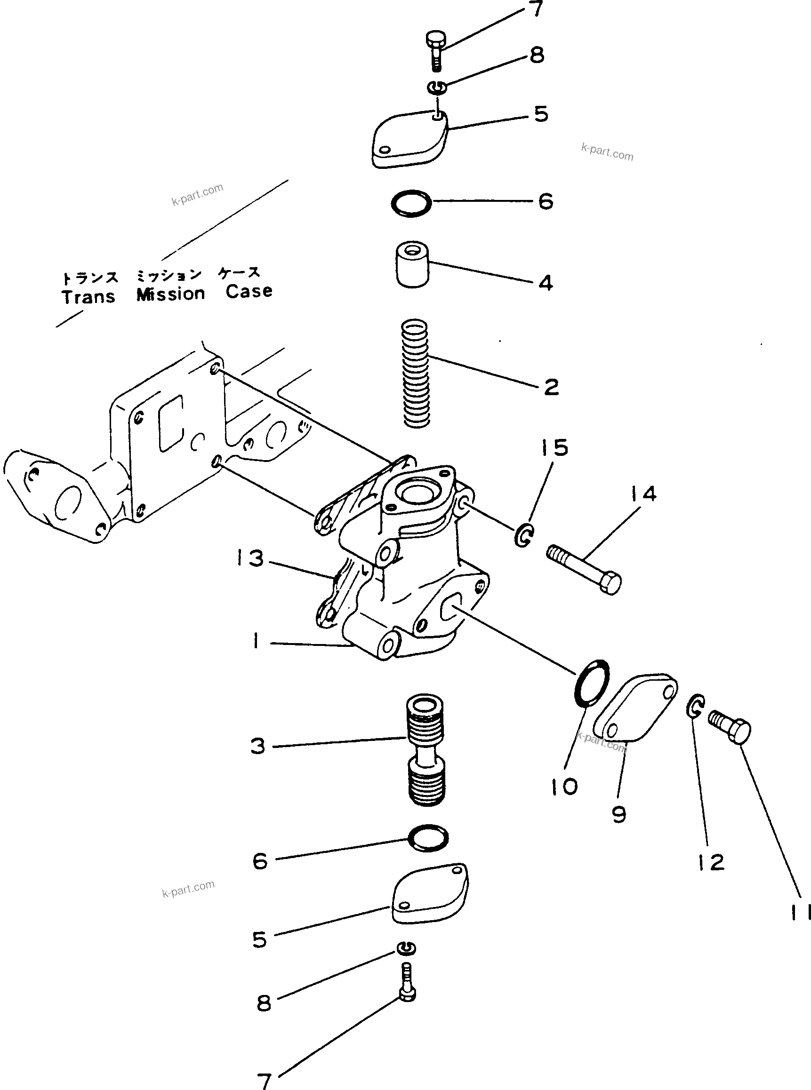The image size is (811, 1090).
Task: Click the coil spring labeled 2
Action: pyautogui.click(x=415, y=374)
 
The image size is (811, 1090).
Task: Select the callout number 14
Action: pyautogui.click(x=642, y=493)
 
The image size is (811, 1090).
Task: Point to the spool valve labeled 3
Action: pyautogui.click(x=426, y=748)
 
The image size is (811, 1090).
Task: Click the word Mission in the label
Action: pyautogui.click(x=170, y=294)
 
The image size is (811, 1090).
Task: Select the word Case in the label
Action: pyautogui.click(x=249, y=291)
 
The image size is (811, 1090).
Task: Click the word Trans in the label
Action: pyautogui.click(x=88, y=296)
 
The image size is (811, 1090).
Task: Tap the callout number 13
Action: pyautogui.click(x=250, y=558)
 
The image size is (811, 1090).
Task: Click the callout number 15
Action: pyautogui.click(x=555, y=448)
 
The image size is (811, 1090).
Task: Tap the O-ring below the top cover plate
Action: pyautogui.click(x=411, y=203)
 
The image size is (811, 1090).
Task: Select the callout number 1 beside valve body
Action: pyautogui.click(x=256, y=641)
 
